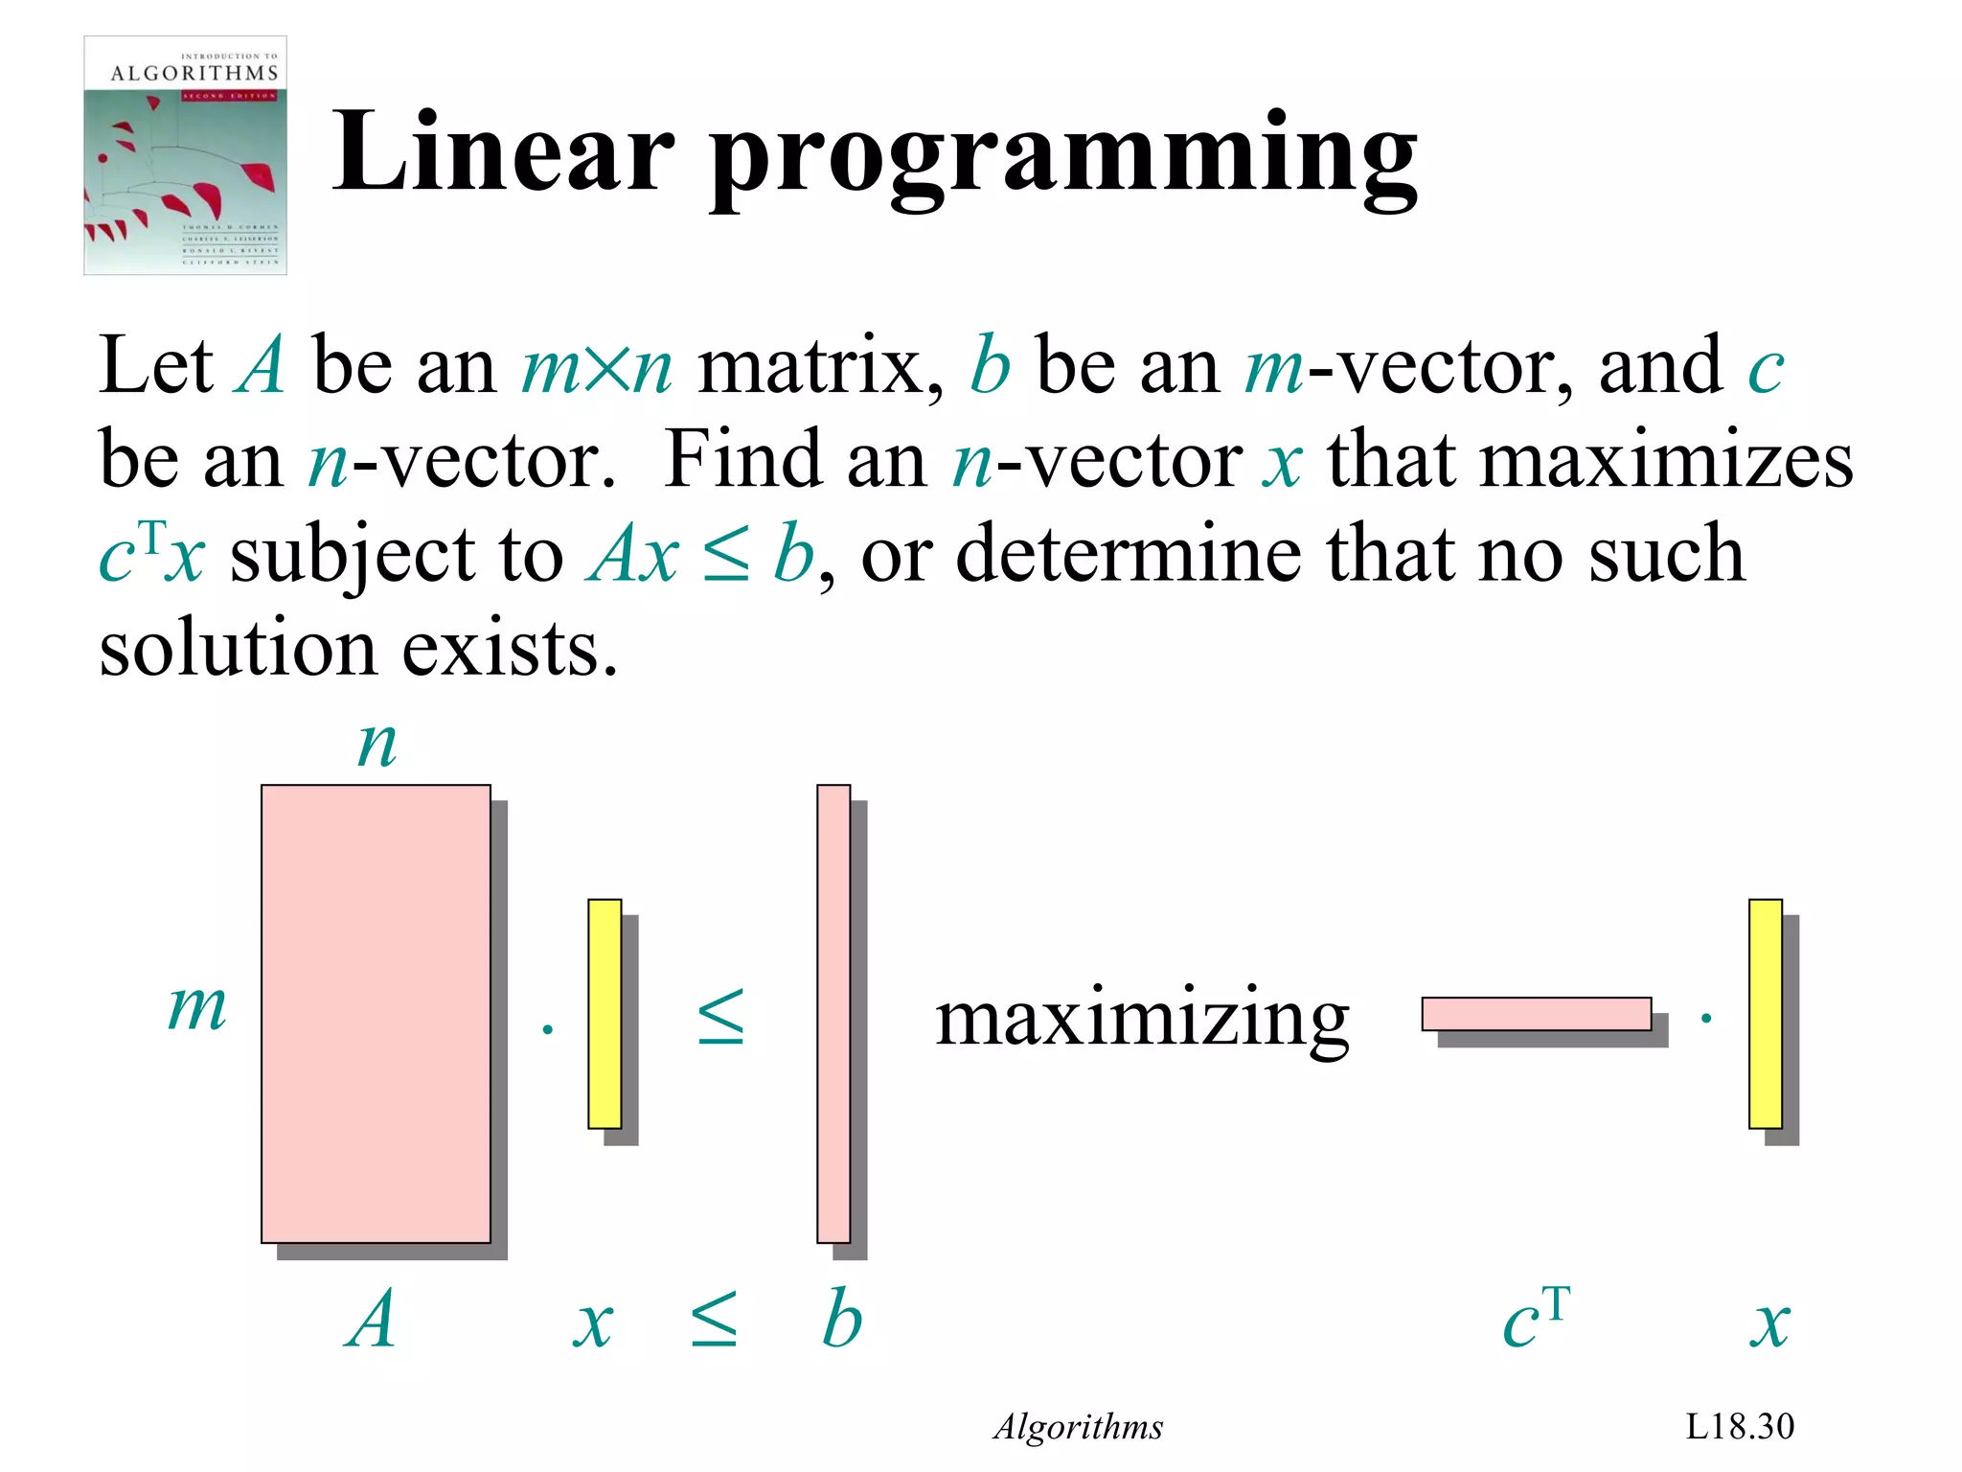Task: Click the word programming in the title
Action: [x=1063, y=158]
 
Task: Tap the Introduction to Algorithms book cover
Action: [x=185, y=156]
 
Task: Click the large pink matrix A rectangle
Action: [x=376, y=1013]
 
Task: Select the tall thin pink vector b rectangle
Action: [x=833, y=1013]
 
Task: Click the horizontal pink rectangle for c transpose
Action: [x=1536, y=1014]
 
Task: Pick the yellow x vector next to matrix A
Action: [x=605, y=1013]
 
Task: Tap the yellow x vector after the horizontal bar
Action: [x=1765, y=1013]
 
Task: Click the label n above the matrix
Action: [x=376, y=745]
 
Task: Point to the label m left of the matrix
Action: [x=197, y=1008]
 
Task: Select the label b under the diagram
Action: [x=842, y=1319]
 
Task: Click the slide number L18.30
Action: [x=1739, y=1426]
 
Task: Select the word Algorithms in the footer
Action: [x=1079, y=1427]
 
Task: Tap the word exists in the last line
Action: [x=510, y=649]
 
